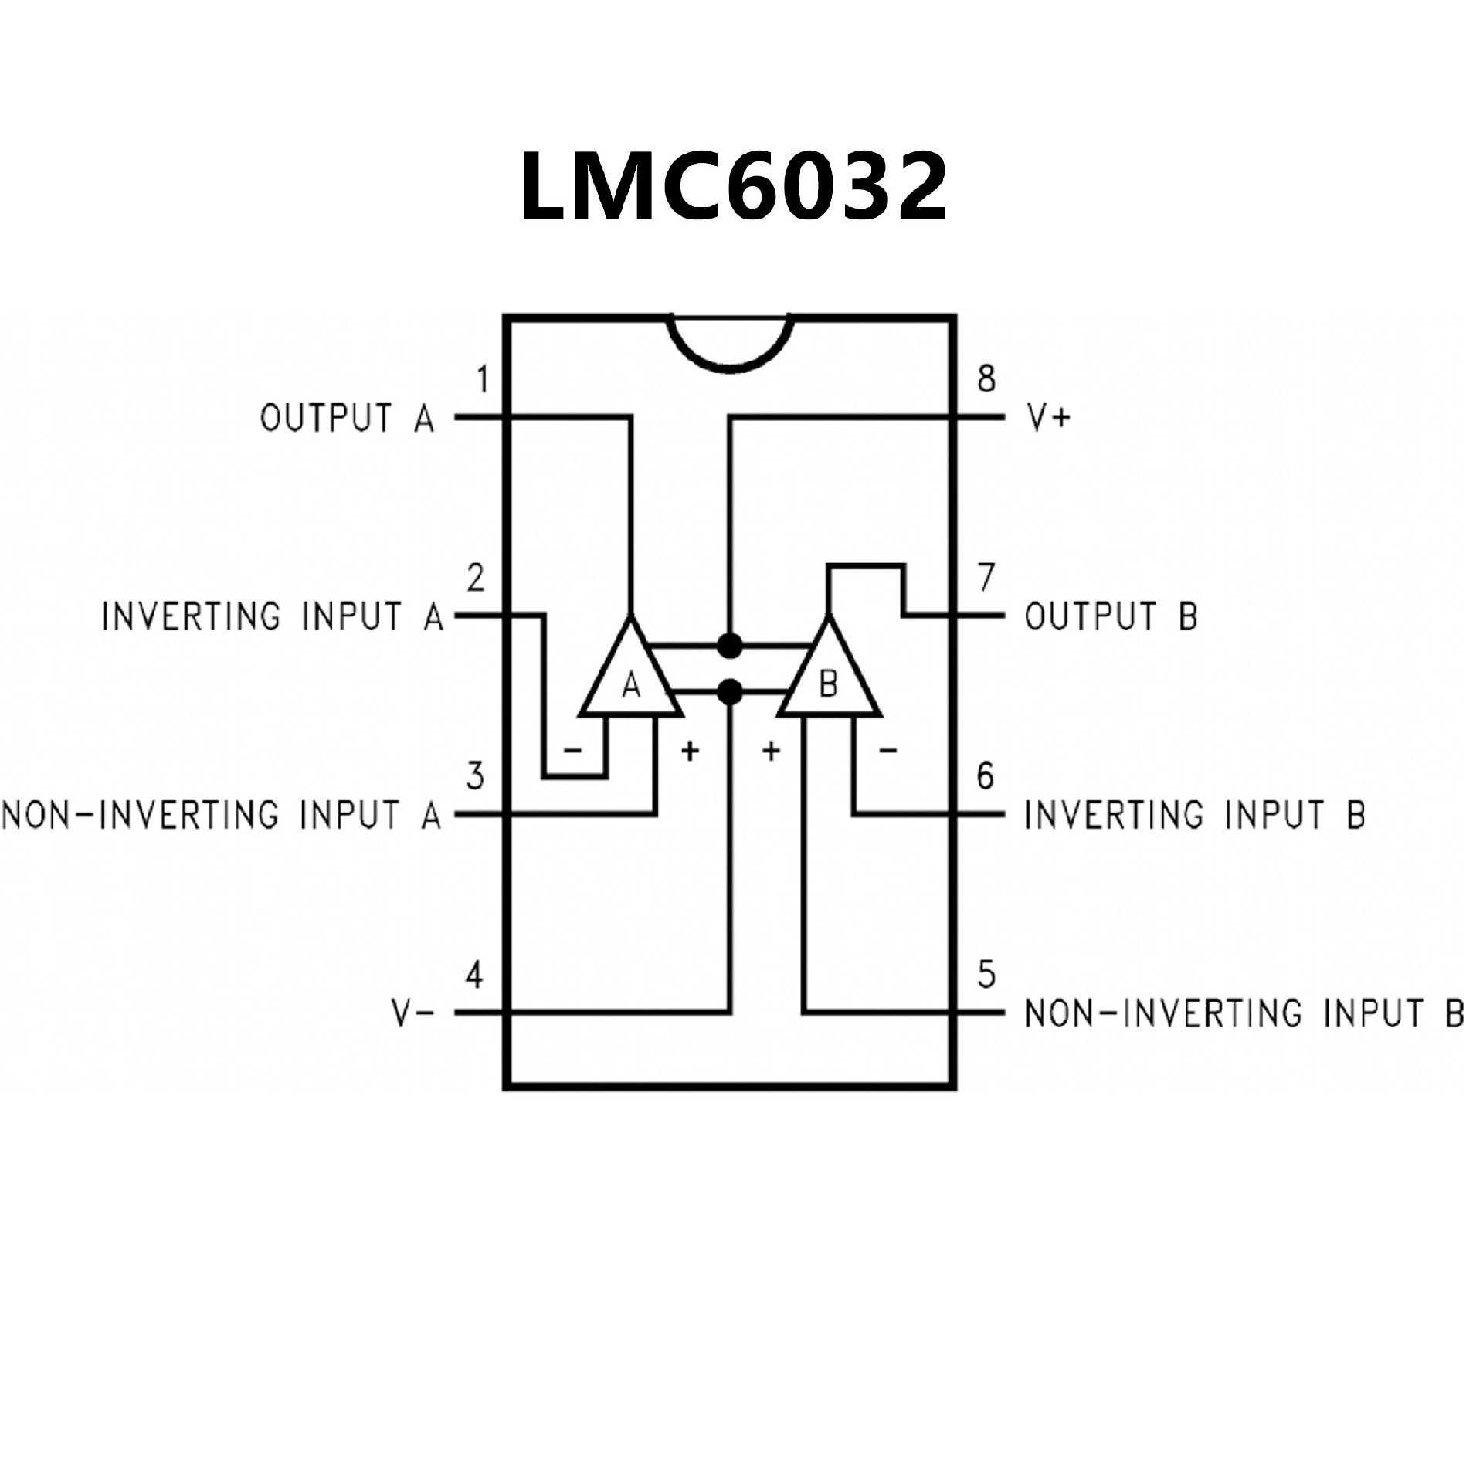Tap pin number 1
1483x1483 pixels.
[483, 380]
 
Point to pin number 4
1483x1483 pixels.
[474, 976]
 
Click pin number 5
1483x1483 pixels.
[986, 976]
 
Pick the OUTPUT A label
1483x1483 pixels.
[348, 419]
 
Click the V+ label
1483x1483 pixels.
[1049, 419]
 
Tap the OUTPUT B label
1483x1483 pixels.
[1111, 617]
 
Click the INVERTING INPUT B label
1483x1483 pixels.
[1195, 815]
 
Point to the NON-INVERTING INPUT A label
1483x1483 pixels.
[222, 816]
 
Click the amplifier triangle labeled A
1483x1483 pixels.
[631, 676]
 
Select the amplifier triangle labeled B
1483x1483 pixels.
[829, 676]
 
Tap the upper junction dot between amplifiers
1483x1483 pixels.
[729, 644]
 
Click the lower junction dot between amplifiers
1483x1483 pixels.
[729, 691]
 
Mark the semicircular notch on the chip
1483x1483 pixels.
[731, 340]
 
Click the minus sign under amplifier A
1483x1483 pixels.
[572, 750]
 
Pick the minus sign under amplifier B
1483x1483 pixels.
[888, 750]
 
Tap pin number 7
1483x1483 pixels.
[986, 578]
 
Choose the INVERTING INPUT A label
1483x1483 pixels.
[273, 617]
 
